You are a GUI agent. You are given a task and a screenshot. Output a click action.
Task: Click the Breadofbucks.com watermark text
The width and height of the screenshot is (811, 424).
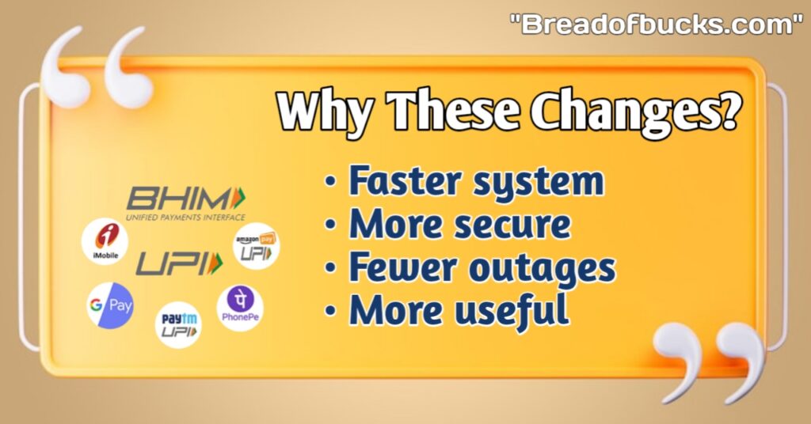pos(655,25)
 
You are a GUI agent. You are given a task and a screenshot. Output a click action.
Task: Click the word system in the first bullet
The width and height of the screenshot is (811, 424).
pos(539,183)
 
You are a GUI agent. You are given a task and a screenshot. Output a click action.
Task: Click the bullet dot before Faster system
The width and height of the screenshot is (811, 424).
pos(330,183)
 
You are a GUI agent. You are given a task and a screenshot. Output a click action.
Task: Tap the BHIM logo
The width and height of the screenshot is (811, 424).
pos(186,199)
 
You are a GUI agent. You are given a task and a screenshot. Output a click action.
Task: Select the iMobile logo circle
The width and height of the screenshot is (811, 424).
pos(105,241)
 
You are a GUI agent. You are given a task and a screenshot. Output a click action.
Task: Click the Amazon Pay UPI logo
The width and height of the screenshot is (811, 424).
pos(256,246)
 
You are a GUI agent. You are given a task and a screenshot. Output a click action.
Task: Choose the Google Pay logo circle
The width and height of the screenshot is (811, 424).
pos(110,305)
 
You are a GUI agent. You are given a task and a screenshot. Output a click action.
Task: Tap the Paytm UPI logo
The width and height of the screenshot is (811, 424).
pos(178,325)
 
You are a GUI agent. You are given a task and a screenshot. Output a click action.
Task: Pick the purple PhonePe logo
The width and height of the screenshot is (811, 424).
pos(240,309)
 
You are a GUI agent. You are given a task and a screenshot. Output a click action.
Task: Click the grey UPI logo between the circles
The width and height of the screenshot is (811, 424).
pos(179,264)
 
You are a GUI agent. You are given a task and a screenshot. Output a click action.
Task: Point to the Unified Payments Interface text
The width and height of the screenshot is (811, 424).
pos(185,218)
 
